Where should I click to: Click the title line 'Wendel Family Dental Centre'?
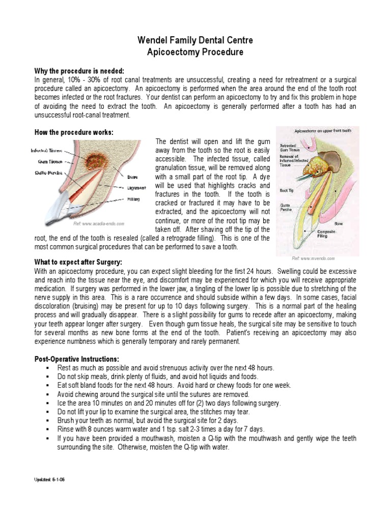pos(195,40)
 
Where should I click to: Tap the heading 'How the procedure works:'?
pos(73,132)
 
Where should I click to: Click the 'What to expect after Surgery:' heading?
pos(78,262)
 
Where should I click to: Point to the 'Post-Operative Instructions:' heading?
pos(77,358)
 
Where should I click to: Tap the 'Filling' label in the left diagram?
pos(133,199)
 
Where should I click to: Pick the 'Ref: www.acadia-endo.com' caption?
pos(99,223)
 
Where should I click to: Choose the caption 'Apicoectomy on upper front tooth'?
pos(323,131)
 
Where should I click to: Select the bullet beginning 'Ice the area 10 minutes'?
pos(161,403)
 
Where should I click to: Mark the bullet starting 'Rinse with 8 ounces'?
pos(160,429)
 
